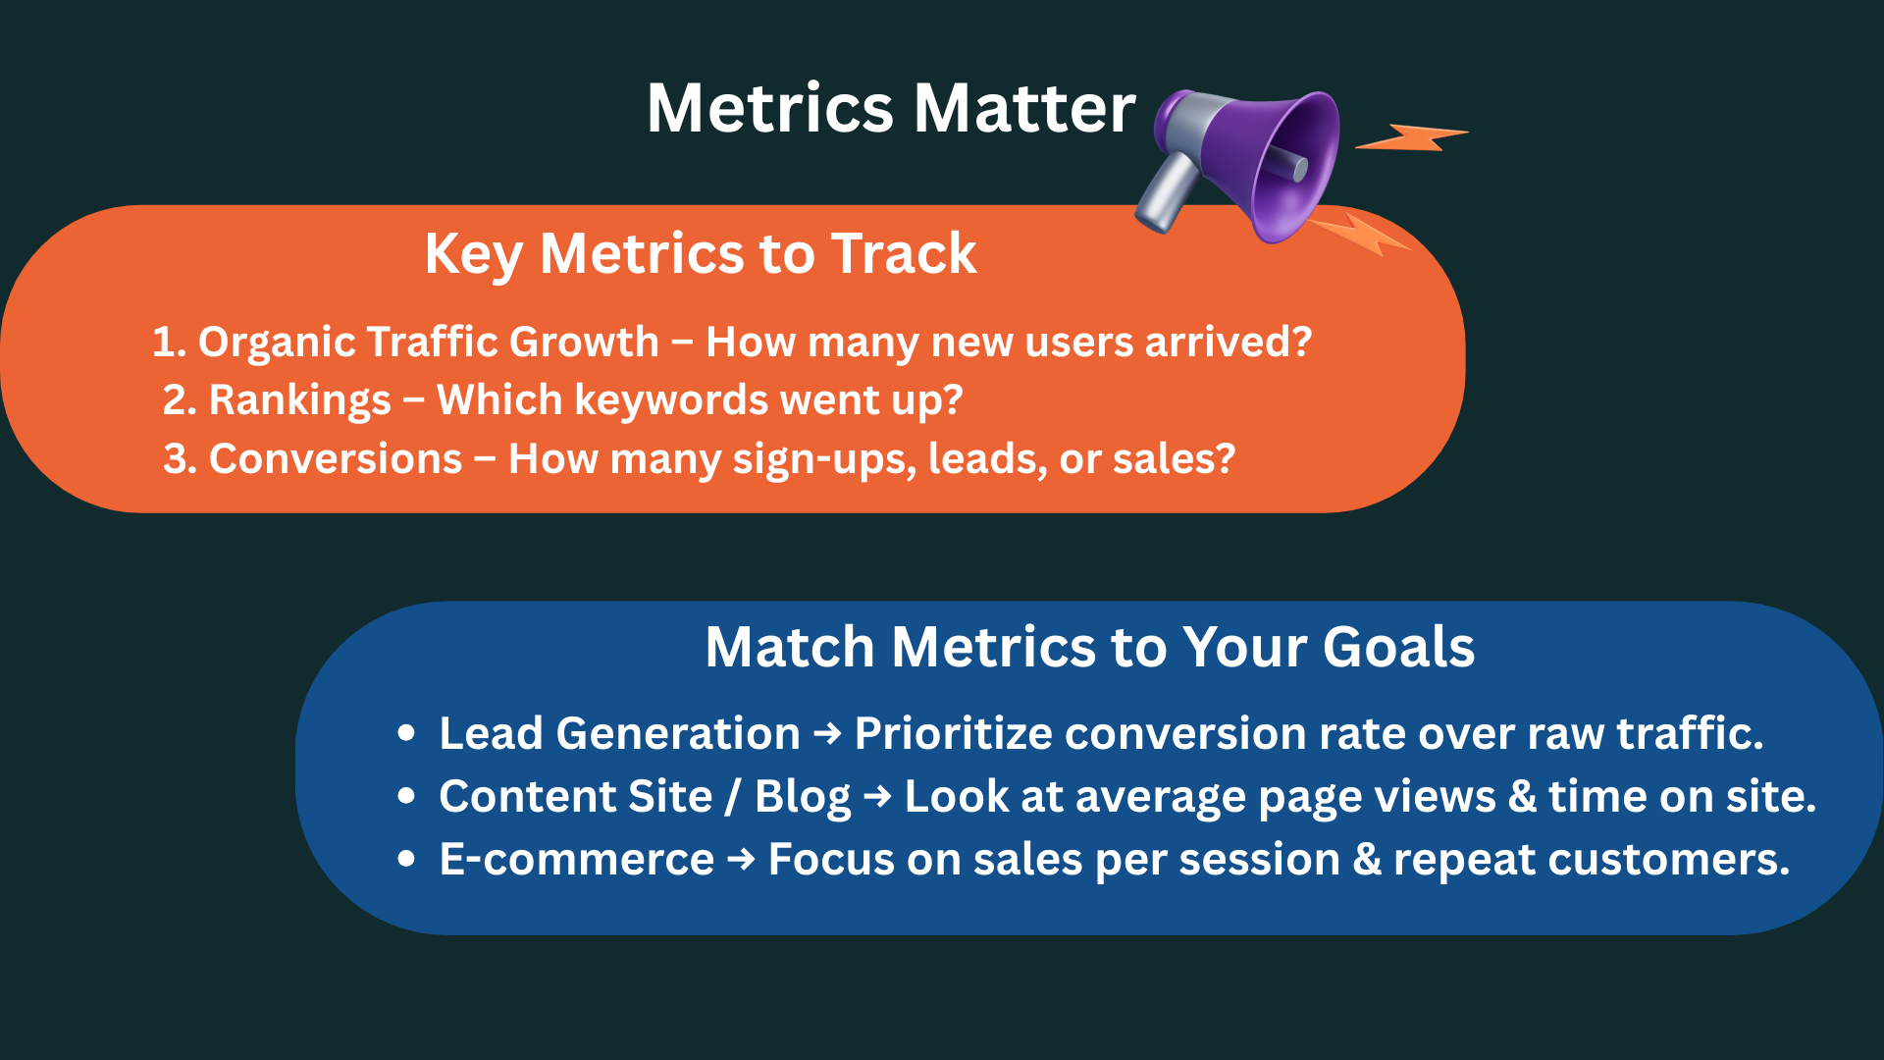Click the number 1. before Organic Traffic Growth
(x=169, y=342)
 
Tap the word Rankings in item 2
(x=299, y=400)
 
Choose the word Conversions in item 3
(x=335, y=459)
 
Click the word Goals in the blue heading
(x=1398, y=647)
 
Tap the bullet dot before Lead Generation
(x=406, y=734)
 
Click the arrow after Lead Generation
(x=827, y=734)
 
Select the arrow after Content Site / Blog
(x=877, y=797)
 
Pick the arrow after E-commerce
(x=741, y=860)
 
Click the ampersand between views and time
(x=1522, y=797)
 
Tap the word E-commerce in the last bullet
(x=576, y=860)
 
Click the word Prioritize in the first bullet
(x=953, y=734)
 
